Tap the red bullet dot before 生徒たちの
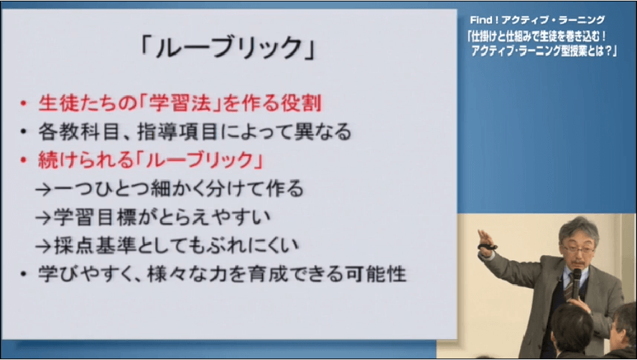pyautogui.click(x=23, y=103)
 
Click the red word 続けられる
pyautogui.click(x=85, y=160)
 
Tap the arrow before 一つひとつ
pyautogui.click(x=45, y=190)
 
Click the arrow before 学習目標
pyautogui.click(x=45, y=218)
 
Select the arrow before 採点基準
pyautogui.click(x=45, y=246)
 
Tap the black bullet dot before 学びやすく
pyautogui.click(x=23, y=274)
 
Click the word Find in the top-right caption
pyautogui.click(x=481, y=19)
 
